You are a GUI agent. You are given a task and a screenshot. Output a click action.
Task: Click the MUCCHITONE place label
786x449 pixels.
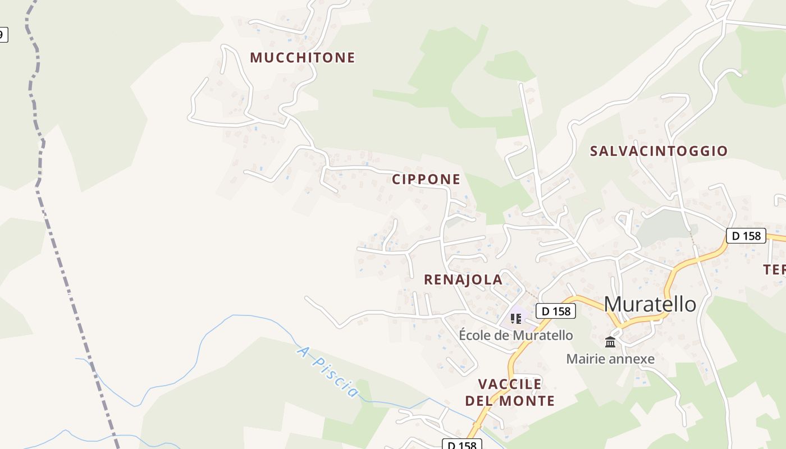click(x=302, y=57)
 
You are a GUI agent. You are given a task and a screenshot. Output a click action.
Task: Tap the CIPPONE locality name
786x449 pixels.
click(x=426, y=179)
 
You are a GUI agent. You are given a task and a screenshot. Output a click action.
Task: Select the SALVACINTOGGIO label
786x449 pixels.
click(x=659, y=151)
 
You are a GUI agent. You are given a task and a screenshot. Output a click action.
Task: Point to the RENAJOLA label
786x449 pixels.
click(x=463, y=280)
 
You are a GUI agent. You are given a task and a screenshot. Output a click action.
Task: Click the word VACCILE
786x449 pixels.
click(x=510, y=384)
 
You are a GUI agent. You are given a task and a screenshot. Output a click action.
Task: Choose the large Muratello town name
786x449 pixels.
click(x=650, y=304)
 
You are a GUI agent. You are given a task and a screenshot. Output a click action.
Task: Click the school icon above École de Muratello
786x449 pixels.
click(x=516, y=319)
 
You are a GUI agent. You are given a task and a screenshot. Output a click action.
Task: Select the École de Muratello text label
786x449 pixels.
click(x=516, y=336)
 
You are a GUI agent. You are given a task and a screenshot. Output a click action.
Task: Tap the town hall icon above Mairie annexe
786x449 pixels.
click(x=610, y=342)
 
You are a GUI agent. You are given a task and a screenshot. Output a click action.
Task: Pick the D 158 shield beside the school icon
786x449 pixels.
click(x=556, y=311)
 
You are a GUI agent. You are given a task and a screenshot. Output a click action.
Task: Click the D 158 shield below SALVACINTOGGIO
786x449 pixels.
click(x=746, y=236)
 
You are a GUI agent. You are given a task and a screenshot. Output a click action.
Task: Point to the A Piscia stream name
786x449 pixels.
click(x=327, y=372)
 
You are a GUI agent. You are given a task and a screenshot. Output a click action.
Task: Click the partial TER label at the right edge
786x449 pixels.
click(x=775, y=270)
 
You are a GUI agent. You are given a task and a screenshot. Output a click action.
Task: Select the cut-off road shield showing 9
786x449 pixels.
click(x=3, y=34)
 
